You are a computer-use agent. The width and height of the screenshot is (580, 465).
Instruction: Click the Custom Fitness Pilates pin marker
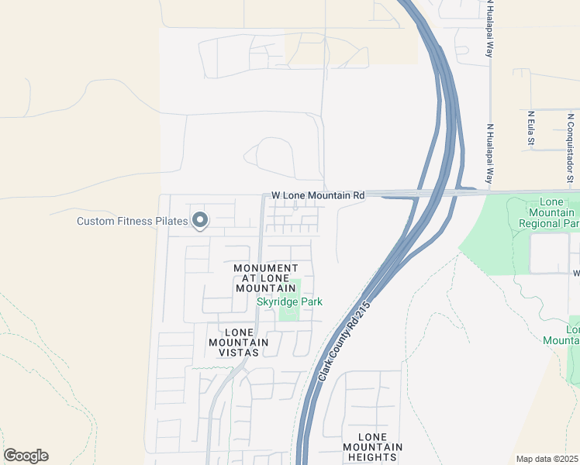(200, 221)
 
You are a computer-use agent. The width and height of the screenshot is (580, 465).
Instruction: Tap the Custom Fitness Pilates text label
(132, 222)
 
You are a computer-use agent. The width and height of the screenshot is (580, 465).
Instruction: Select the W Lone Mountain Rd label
(317, 196)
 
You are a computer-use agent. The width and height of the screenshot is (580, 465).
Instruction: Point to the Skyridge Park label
(289, 301)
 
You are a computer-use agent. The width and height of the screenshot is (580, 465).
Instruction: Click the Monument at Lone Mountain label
(266, 277)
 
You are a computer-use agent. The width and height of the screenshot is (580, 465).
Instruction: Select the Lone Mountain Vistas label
(238, 342)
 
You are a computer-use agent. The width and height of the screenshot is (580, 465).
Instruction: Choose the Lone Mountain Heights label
(373, 447)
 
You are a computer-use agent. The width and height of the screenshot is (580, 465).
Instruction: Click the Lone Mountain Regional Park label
(551, 212)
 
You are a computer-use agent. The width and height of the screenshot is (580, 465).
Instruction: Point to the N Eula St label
(531, 129)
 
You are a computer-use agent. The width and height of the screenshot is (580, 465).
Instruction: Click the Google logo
(26, 456)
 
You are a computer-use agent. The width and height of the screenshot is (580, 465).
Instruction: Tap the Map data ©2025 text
(547, 459)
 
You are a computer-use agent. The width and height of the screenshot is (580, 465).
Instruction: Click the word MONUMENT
(266, 268)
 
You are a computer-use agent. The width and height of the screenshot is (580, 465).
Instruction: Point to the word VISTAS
(238, 352)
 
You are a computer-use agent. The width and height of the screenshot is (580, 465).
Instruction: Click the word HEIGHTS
(373, 457)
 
